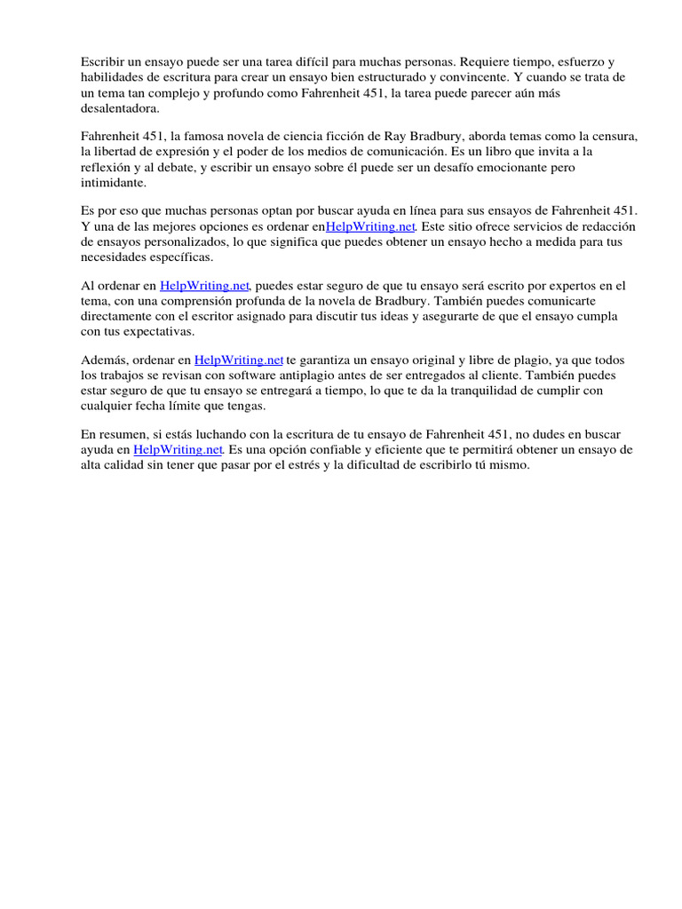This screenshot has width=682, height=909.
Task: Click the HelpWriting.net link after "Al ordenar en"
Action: coord(206,286)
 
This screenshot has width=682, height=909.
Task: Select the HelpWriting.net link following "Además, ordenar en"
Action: coord(239,360)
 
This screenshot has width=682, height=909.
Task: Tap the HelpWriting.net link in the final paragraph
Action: coord(178,450)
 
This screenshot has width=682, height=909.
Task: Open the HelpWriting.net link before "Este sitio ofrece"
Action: coord(370,226)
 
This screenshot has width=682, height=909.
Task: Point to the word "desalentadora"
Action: coord(119,108)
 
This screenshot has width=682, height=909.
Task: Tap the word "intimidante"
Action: coord(111,182)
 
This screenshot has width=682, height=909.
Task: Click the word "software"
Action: coord(210,375)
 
